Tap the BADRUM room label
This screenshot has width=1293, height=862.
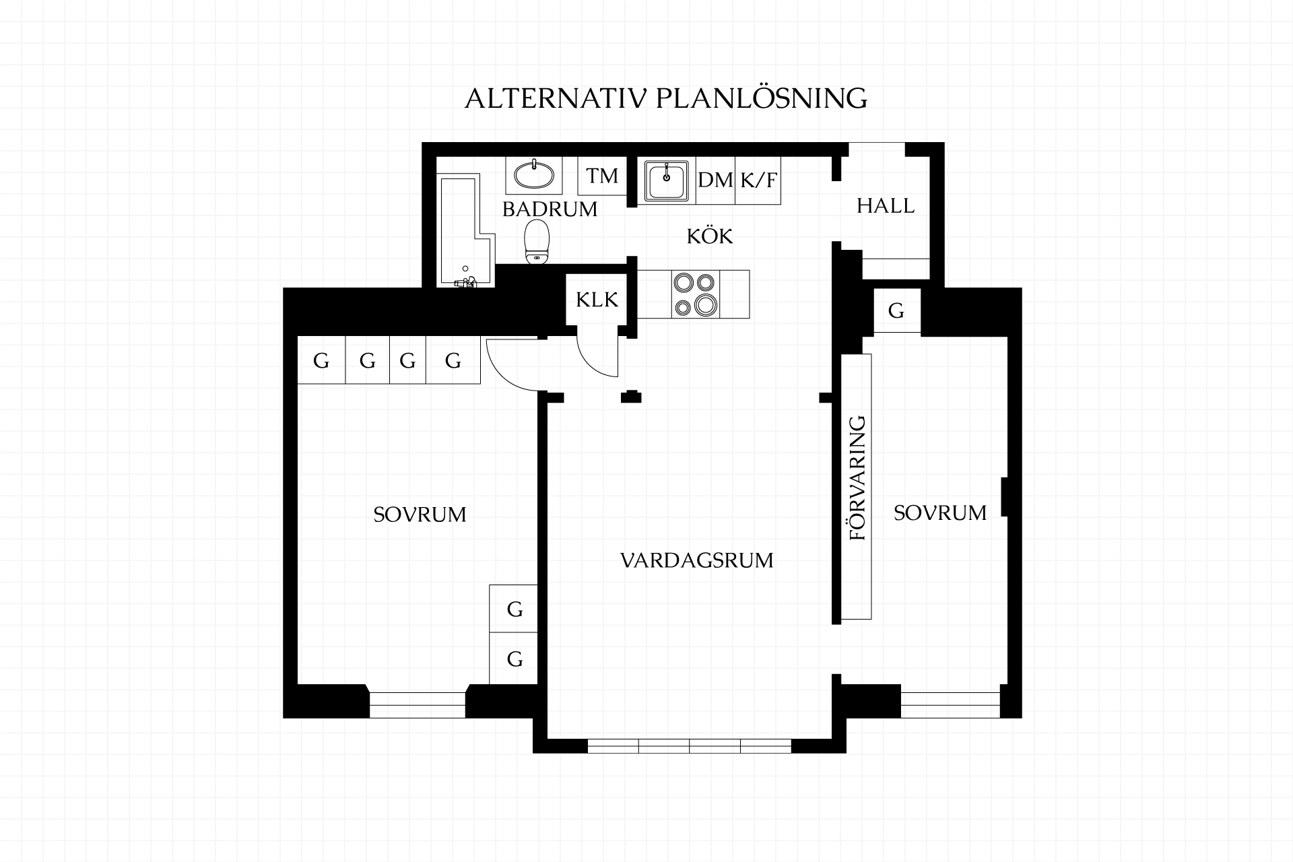click(550, 209)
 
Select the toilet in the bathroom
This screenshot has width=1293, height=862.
click(537, 241)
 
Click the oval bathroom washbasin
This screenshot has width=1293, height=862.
click(534, 175)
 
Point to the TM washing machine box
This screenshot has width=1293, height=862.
click(602, 176)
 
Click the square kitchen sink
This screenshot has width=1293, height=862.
click(667, 180)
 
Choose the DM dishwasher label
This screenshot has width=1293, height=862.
click(715, 180)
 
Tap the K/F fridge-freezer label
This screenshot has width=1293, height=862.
click(758, 180)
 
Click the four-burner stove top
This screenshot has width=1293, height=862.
click(696, 294)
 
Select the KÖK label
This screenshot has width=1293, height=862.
click(710, 236)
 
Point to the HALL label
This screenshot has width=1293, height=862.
click(886, 205)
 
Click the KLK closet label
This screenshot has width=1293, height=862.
click(597, 299)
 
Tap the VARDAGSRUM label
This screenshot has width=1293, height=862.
click(696, 560)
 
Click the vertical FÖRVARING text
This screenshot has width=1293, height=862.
click(857, 478)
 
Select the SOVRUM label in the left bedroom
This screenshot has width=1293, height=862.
click(420, 515)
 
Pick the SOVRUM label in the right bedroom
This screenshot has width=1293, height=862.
click(940, 513)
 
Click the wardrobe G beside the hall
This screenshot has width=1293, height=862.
click(896, 310)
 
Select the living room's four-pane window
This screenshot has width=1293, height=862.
click(690, 745)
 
